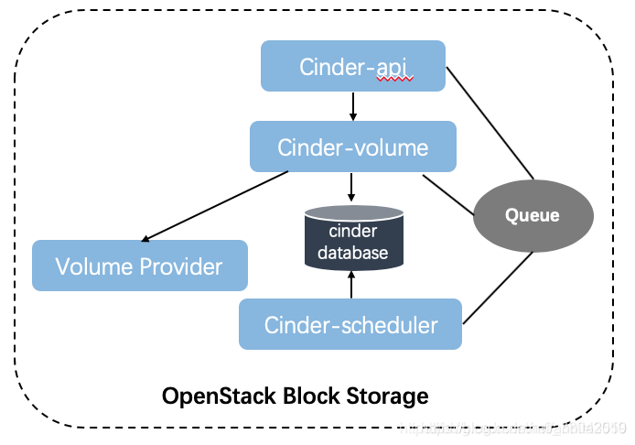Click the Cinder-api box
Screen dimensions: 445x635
(352, 66)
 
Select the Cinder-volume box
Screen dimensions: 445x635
(352, 147)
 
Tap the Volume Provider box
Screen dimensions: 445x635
(139, 266)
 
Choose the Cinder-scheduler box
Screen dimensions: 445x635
(350, 324)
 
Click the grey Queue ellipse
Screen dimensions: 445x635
(533, 214)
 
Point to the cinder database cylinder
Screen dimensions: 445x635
(352, 238)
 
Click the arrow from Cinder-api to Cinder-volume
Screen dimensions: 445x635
(352, 106)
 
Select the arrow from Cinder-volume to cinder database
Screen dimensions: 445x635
(352, 188)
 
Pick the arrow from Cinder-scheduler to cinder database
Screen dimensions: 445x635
(352, 286)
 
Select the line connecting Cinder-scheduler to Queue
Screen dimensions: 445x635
(499, 288)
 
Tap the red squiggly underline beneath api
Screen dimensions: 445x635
(395, 80)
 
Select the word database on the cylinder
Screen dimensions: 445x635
(352, 253)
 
